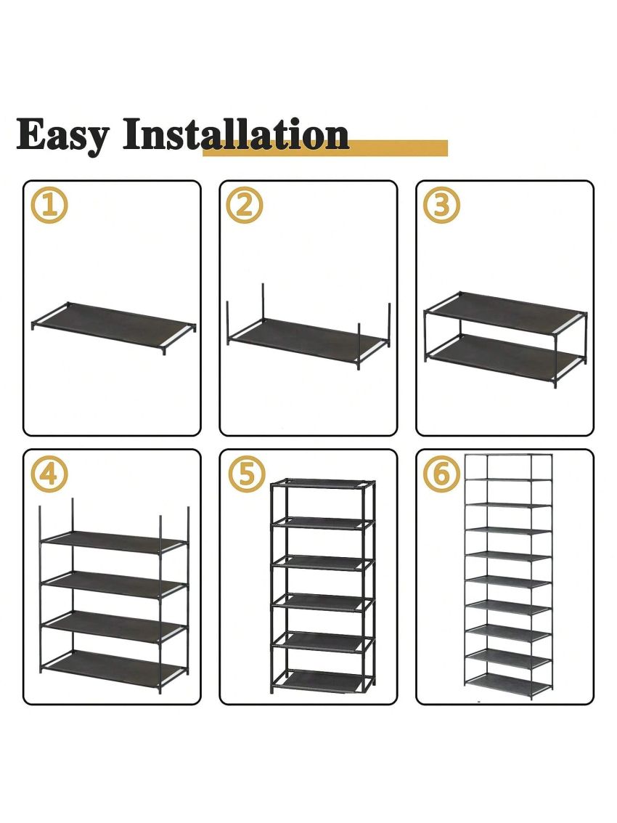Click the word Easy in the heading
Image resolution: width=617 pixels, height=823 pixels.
63,135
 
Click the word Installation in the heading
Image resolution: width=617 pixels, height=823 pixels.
236,135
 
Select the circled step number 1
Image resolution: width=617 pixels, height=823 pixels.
49,205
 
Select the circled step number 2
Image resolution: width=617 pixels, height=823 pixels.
245,205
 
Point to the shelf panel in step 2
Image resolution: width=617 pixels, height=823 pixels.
308,338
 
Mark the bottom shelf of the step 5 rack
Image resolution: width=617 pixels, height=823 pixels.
322,680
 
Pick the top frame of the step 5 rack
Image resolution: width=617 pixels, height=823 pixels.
322,483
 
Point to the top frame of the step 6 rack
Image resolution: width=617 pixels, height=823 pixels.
508,456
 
